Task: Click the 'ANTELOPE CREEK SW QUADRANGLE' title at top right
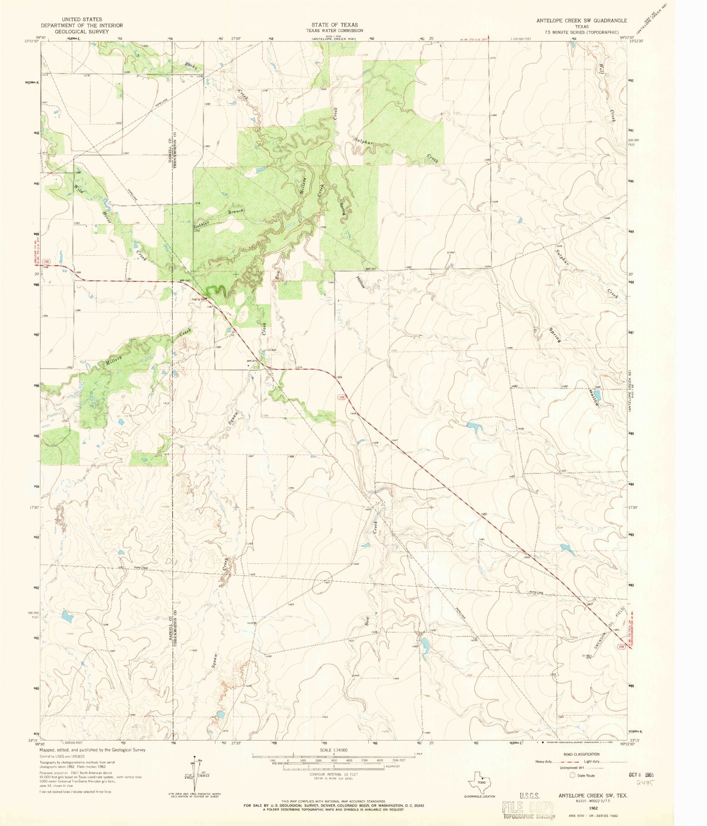(x=582, y=21)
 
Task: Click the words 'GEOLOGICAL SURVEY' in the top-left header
(x=82, y=32)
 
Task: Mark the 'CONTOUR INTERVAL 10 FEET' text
(x=334, y=774)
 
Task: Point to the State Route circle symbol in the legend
(x=572, y=775)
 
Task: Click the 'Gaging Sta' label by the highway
(x=198, y=298)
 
